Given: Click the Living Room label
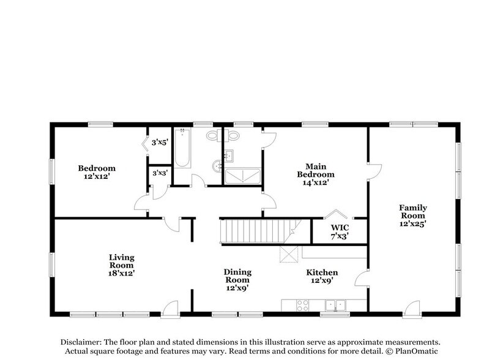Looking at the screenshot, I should [x=121, y=258].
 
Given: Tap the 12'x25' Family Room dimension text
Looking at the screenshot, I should [x=413, y=224].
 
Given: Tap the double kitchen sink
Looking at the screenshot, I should [x=335, y=304].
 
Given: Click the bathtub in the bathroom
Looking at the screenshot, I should [x=182, y=148].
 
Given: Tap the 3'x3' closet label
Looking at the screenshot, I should [x=159, y=173].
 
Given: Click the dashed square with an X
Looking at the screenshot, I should [x=288, y=253].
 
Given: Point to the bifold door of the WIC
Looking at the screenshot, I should [x=335, y=214].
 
